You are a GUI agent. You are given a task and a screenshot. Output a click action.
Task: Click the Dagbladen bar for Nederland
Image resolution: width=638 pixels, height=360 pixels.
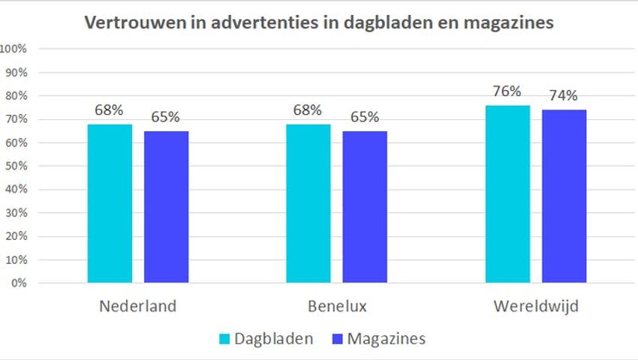coord(110,203)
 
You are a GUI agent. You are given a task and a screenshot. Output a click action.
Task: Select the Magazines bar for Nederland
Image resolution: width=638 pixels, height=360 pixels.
coord(166,207)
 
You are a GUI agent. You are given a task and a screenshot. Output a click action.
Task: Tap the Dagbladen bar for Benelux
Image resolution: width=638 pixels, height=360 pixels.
coord(308,203)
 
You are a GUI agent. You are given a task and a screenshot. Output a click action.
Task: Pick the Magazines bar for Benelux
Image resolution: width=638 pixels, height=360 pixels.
coord(365,207)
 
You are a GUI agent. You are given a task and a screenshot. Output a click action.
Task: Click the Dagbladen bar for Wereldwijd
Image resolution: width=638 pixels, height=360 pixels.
coord(507,194)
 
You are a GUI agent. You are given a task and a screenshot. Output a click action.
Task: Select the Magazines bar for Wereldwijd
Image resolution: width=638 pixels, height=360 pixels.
coord(564,196)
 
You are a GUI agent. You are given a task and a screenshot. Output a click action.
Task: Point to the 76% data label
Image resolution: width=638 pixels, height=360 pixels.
coord(507,91)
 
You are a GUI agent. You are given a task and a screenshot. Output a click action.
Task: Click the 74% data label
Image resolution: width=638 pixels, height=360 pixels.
coord(563,95)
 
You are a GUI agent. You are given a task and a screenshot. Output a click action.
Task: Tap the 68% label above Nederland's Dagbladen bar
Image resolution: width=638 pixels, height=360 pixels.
coord(109,110)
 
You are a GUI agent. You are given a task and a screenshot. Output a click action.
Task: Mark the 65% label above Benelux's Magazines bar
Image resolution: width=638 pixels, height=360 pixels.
coord(364,117)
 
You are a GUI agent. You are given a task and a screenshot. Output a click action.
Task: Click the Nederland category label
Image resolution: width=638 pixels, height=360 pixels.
coord(137,307)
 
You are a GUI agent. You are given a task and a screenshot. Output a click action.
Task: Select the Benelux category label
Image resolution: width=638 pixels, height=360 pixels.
coord(337,307)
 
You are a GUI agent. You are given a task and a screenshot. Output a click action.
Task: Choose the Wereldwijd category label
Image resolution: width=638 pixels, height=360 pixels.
coord(536,307)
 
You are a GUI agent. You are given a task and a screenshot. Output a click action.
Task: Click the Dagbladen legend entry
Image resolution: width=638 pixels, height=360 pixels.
coord(266,339)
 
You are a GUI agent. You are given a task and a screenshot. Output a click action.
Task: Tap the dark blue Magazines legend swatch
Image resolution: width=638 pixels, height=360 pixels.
coord(335,340)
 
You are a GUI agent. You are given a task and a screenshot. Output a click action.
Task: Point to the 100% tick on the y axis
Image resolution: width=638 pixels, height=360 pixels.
coord(15,49)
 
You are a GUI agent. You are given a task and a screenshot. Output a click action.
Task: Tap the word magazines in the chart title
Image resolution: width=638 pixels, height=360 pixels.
coord(510,22)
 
